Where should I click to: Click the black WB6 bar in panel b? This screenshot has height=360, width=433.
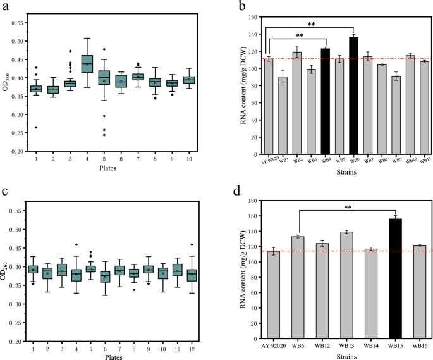(x=353, y=94)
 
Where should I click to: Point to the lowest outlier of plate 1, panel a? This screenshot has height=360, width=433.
(x=36, y=127)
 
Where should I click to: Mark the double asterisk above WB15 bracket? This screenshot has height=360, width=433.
(x=346, y=207)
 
